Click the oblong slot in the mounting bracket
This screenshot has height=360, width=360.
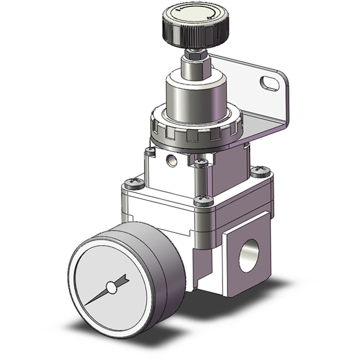pos(270,82)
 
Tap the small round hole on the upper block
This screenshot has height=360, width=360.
pos(171,158)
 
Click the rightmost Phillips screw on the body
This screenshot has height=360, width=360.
pos(261,170)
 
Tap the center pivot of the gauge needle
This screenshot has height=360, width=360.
pos(112,287)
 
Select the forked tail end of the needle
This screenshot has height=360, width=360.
pos(126,278)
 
